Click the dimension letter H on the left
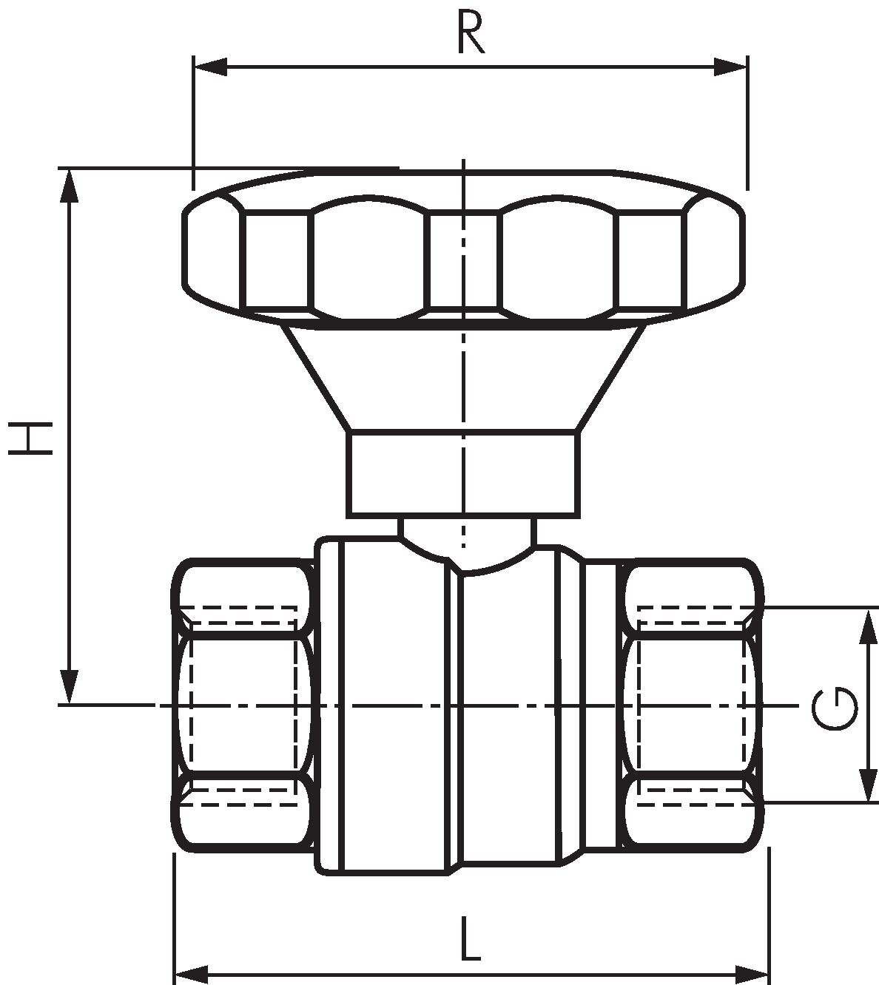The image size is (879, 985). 30,439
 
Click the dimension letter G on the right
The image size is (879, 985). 835,709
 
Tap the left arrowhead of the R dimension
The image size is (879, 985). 211,67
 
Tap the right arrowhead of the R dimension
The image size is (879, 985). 730,67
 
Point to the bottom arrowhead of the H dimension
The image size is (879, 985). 70,686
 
